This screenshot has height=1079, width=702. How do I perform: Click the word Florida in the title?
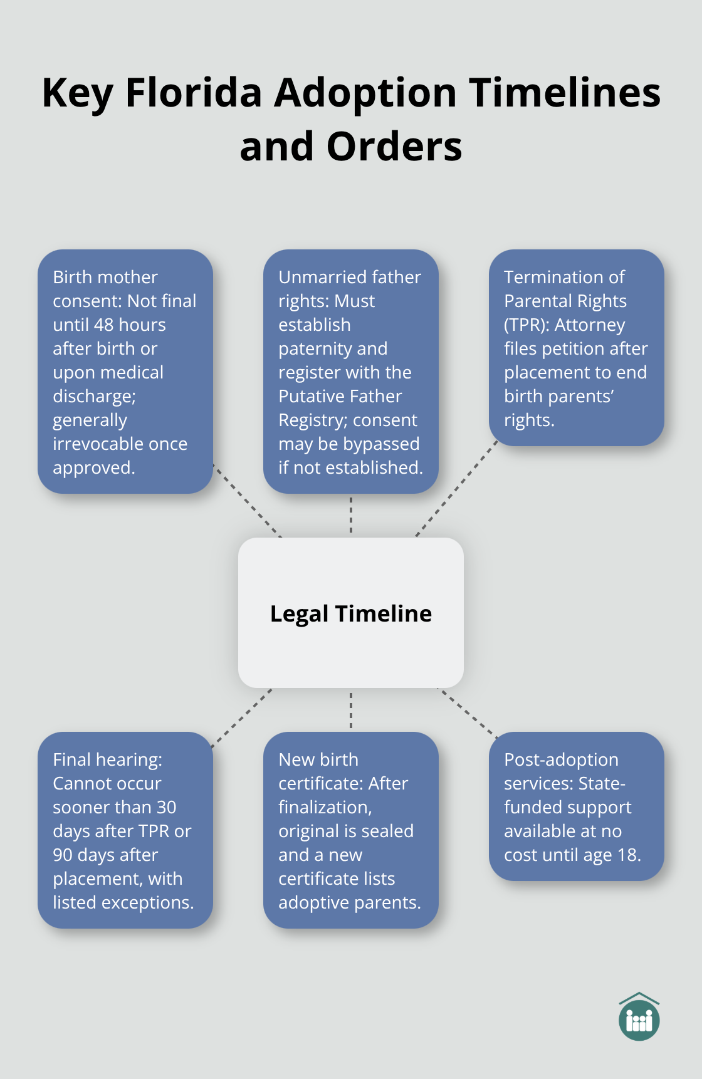[193, 93]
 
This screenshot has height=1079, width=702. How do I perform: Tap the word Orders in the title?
[394, 147]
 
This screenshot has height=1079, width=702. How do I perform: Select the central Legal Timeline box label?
[350, 613]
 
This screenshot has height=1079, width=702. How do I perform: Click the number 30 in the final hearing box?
[166, 807]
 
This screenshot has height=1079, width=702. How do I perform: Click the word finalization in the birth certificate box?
[325, 807]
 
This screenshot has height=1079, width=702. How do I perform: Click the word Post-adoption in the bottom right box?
[561, 759]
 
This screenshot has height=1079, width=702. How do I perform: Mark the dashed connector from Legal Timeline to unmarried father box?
[351, 515]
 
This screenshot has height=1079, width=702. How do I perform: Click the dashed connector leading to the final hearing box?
[242, 718]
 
